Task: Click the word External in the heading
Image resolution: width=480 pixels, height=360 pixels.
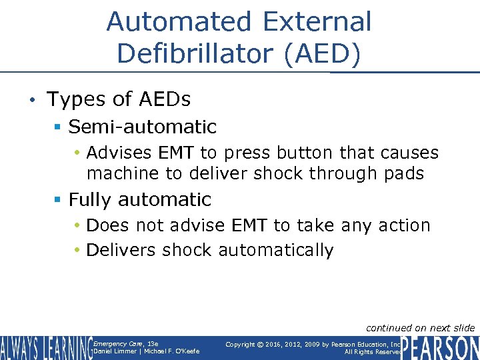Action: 317,21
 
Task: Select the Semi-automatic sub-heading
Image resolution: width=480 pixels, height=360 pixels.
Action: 142,126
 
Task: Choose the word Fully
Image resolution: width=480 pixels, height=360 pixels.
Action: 93,199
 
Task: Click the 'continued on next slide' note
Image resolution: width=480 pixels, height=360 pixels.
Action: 420,327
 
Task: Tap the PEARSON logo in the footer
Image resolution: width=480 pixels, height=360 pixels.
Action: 440,348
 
